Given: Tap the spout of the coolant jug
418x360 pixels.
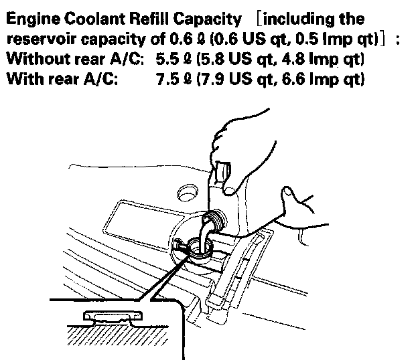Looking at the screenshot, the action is [x=213, y=221].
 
